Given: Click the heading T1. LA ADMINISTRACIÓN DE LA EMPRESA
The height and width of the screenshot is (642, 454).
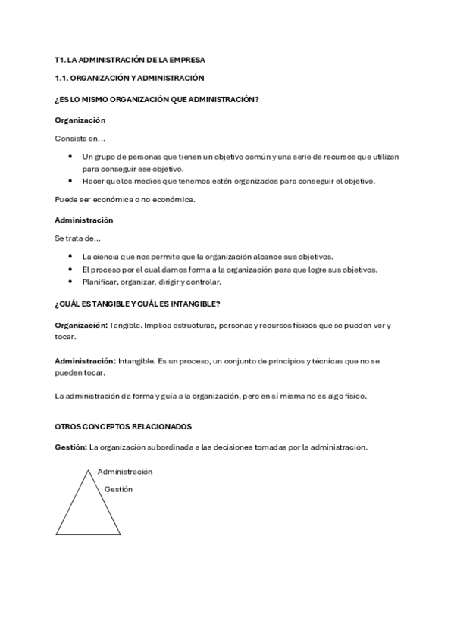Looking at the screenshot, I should click(x=130, y=59).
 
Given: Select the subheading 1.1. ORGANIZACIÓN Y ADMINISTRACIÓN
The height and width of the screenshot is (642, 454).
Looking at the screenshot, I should click(x=130, y=78).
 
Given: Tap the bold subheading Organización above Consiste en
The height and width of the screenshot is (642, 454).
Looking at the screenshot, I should click(x=80, y=120).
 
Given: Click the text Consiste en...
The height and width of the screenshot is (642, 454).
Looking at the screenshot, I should click(x=80, y=139).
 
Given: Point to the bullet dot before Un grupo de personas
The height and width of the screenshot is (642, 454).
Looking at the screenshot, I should click(x=70, y=157).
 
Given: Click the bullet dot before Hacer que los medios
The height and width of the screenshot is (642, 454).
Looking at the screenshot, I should click(x=70, y=181).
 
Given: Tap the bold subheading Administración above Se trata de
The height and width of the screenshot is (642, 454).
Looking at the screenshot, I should click(x=84, y=220).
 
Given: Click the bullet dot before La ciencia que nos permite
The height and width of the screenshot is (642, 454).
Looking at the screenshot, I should click(x=70, y=257).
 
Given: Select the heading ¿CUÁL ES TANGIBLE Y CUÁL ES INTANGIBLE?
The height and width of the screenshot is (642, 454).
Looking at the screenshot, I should click(x=137, y=304).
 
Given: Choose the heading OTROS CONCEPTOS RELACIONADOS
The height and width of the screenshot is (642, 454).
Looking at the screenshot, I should click(x=124, y=427).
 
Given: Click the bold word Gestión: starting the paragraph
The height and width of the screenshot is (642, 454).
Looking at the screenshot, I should click(x=70, y=447).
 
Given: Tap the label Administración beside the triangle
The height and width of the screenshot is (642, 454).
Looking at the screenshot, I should click(x=125, y=472).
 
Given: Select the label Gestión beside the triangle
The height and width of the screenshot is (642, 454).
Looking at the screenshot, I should click(x=118, y=489).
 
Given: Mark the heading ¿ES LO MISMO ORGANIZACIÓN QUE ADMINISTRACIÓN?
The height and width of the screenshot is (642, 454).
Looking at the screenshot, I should click(x=152, y=99).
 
